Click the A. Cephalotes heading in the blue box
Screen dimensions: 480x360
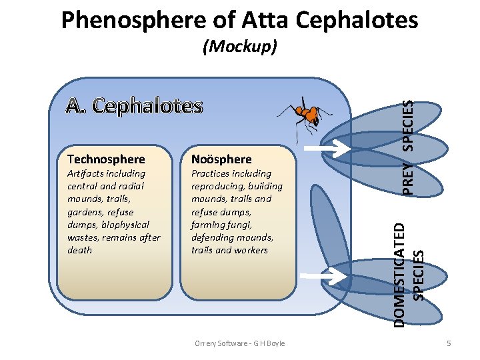(x=134, y=105)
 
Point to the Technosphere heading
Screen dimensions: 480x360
(x=106, y=159)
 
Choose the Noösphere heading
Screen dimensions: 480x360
(x=221, y=159)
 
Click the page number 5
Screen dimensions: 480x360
(x=449, y=343)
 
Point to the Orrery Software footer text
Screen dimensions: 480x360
(x=239, y=343)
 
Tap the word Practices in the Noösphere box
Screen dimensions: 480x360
(x=211, y=173)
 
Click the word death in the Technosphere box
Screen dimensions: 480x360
(x=80, y=250)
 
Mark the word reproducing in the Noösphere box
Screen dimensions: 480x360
(x=217, y=186)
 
